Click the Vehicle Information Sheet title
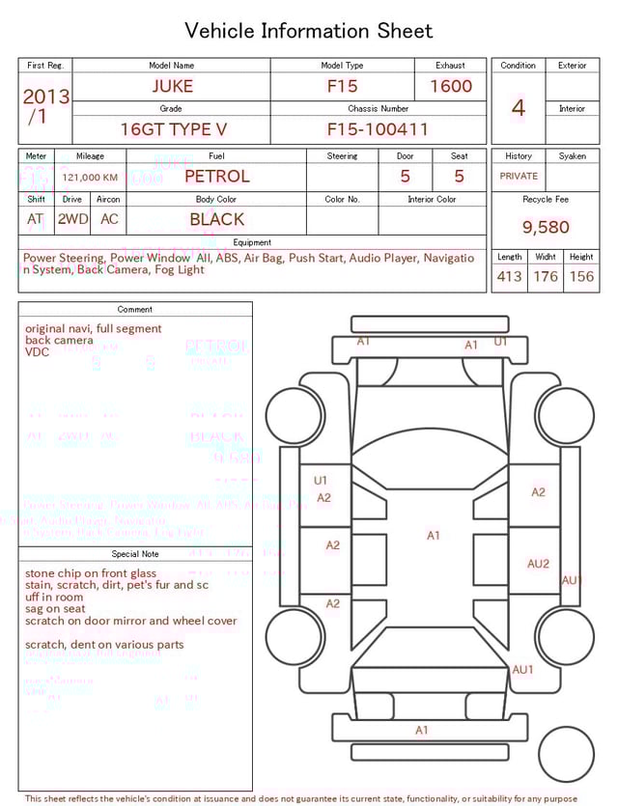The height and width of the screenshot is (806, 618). click(x=309, y=31)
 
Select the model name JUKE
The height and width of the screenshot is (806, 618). click(x=172, y=86)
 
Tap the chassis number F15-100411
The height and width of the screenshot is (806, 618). click(x=378, y=129)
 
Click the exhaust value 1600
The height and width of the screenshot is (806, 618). click(x=451, y=86)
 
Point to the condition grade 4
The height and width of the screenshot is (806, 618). click(x=519, y=107)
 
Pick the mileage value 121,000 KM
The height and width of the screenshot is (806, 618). click(x=90, y=178)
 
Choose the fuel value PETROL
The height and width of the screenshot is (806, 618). click(x=217, y=177)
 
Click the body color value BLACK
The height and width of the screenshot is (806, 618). click(x=217, y=219)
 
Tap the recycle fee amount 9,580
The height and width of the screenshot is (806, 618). click(x=546, y=228)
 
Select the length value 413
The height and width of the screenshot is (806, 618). click(x=509, y=276)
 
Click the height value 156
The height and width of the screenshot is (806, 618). click(x=581, y=276)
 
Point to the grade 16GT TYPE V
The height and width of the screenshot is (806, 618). click(x=174, y=129)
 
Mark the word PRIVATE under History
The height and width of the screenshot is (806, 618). click(x=519, y=177)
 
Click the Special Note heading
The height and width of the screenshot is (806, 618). click(x=135, y=554)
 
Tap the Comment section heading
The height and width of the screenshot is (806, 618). click(x=135, y=310)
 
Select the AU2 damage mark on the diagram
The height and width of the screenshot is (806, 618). click(x=538, y=564)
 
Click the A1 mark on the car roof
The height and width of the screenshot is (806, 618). click(x=434, y=535)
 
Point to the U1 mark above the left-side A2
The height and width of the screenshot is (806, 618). click(x=321, y=480)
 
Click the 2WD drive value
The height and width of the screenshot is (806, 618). click(x=72, y=219)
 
